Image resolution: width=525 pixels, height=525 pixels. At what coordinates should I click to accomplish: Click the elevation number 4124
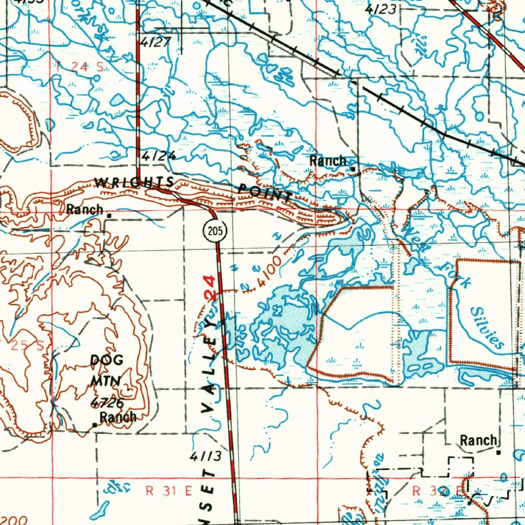click(159, 156)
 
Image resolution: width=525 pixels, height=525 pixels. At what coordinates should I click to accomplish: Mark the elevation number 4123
click(381, 9)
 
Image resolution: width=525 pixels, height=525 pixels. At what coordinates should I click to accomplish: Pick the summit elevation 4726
click(107, 402)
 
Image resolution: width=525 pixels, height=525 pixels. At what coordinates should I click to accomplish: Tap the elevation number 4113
click(205, 456)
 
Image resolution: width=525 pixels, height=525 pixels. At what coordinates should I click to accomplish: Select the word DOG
click(107, 360)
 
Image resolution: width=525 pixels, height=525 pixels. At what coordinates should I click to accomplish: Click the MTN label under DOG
click(106, 381)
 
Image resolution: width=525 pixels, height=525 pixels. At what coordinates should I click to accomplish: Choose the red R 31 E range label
click(169, 491)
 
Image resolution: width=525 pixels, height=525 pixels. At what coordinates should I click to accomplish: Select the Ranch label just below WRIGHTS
click(85, 209)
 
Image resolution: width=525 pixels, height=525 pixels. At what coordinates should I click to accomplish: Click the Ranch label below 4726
click(118, 417)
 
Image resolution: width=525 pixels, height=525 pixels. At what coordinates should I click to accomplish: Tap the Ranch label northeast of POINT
click(328, 161)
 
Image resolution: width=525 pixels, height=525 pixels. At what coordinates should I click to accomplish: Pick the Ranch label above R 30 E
click(478, 440)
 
